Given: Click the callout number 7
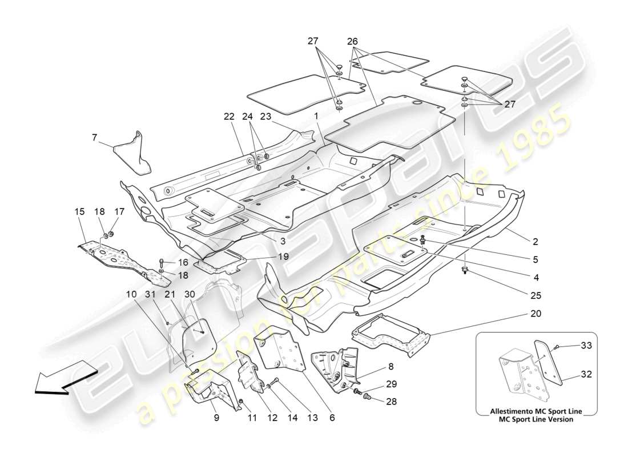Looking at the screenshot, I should coord(94,137).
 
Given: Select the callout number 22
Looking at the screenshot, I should coord(230,117).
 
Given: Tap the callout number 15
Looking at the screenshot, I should coord(79,211).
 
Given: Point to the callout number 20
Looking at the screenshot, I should coord(536,314).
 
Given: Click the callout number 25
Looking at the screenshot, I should coord(536,295).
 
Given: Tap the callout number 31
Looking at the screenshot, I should coord(150,294).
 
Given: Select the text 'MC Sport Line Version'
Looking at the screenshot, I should coord(536,419).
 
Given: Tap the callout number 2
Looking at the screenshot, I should coord(536,241).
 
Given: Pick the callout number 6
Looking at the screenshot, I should coord(332,418).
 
